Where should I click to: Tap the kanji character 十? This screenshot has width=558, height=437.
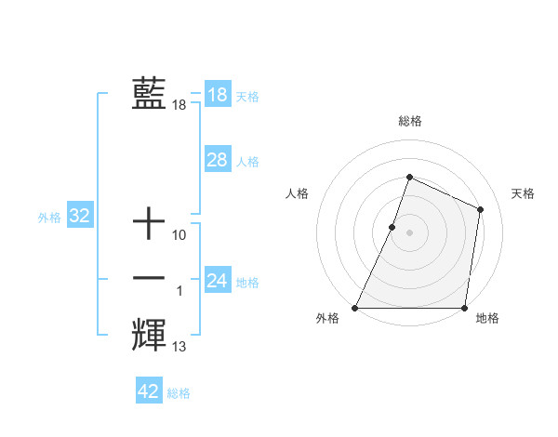pos(149,224)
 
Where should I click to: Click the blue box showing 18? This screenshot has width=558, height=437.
pos(217,94)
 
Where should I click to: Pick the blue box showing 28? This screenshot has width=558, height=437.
pos(217,160)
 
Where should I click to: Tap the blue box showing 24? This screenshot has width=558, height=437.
pos(217,280)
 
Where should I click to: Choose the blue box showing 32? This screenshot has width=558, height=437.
pos(79,217)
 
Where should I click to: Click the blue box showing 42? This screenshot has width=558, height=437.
pos(149,391)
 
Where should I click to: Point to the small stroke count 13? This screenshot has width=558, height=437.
pos(179,347)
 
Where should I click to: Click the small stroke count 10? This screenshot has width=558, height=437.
pos(179,235)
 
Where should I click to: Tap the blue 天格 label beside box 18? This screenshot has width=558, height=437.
pos(247,96)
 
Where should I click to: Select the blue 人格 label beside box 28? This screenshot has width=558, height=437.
pos(247,162)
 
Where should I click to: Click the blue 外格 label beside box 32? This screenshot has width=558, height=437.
pos(49,218)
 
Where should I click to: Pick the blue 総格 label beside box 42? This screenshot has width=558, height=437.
pos(179,393)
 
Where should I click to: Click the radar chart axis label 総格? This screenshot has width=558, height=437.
pos(409,122)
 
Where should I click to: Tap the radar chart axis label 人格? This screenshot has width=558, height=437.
pos(297,193)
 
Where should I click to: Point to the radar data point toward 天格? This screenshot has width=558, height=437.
pos(480,209)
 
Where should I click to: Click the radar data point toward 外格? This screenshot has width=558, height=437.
pos(355,307)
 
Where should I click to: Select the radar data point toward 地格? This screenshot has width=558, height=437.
pos(463,307)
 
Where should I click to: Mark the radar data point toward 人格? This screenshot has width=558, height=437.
pos(392,227)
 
